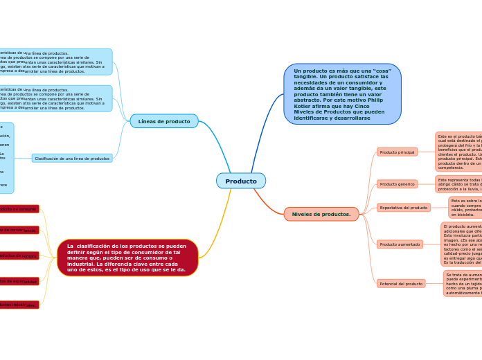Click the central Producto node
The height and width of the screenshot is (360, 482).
pyautogui.click(x=240, y=181)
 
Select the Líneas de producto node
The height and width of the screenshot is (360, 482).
pyautogui.click(x=164, y=121)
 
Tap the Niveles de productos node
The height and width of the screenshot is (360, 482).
pyautogui.click(x=321, y=214)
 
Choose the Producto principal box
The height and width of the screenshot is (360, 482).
pyautogui.click(x=397, y=152)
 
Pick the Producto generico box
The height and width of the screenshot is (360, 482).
pyautogui.click(x=397, y=184)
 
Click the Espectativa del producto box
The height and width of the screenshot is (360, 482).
pyautogui.click(x=404, y=208)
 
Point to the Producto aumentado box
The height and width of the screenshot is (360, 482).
pyautogui.click(x=400, y=244)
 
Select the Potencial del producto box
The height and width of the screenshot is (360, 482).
pyautogui.click(x=401, y=284)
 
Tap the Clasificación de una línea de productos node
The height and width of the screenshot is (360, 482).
pyautogui.click(x=72, y=159)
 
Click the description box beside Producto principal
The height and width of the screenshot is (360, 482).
pyautogui.click(x=458, y=152)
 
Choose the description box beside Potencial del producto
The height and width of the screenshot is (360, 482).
pyautogui.click(x=463, y=284)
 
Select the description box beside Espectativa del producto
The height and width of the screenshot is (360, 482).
pyautogui.click(x=465, y=207)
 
